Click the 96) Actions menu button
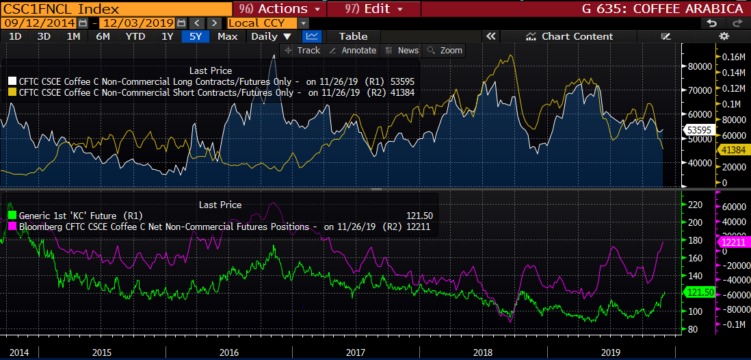tap(280, 9)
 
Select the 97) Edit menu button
tap(374, 9)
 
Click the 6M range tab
tap(103, 36)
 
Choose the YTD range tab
tap(135, 36)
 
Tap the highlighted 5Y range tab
tap(196, 36)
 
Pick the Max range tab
tap(227, 36)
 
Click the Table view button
tap(353, 36)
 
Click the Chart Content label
tap(577, 36)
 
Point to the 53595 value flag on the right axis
tap(698, 129)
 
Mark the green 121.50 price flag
tap(698, 292)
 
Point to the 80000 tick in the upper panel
tap(698, 66)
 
